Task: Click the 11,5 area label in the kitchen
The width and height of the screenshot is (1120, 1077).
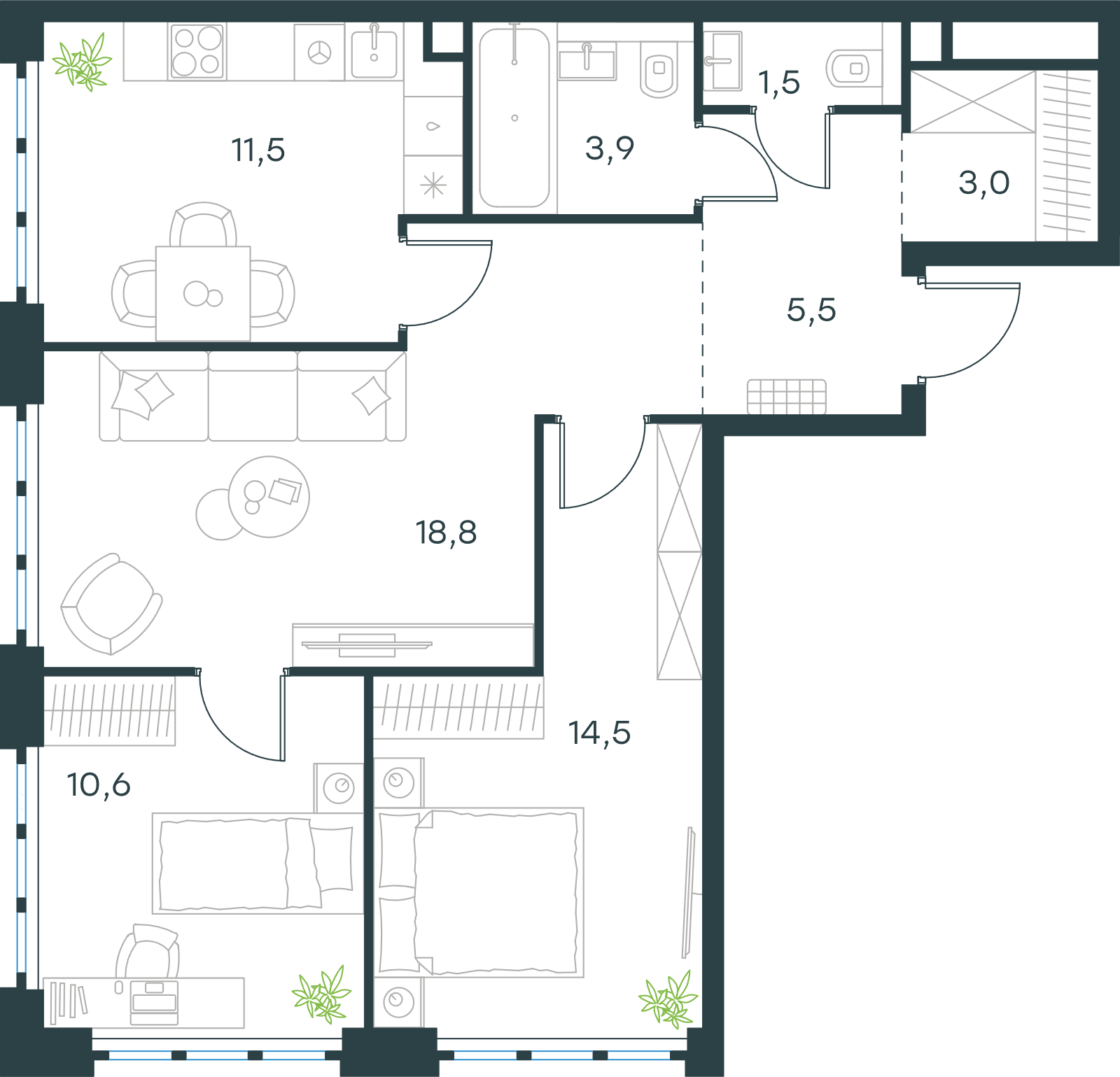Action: coord(258,150)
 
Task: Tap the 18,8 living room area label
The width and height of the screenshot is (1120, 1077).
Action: coord(446,533)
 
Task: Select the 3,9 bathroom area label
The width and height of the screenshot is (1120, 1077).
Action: coord(610,148)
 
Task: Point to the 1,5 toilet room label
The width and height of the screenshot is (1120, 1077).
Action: coord(779,83)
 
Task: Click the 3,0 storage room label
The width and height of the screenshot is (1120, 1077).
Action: coord(983,183)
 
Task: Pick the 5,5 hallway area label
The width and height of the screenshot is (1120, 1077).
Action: coord(811,310)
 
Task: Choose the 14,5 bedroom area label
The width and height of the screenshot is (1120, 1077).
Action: coord(599,733)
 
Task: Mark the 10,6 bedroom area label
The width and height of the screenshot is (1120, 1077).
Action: coord(99,785)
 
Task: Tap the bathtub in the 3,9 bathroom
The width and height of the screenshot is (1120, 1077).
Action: coord(514,118)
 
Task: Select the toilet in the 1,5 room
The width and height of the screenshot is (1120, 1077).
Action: coord(848,69)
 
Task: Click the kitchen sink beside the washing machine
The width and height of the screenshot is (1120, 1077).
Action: coord(374,52)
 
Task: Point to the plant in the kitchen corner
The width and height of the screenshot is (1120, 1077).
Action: coord(83,62)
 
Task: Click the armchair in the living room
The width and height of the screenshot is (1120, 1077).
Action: coord(111,604)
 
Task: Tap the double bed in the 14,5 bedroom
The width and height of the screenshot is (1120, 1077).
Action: coord(479,892)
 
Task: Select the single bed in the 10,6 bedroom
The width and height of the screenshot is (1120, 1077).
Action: coord(258,864)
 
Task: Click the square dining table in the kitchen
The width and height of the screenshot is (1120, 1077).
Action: coord(203,293)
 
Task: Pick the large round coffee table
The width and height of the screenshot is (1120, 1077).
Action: coord(269,497)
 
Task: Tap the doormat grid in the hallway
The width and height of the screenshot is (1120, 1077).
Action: coord(787,397)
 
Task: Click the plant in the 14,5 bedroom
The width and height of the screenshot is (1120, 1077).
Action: coord(668,999)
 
